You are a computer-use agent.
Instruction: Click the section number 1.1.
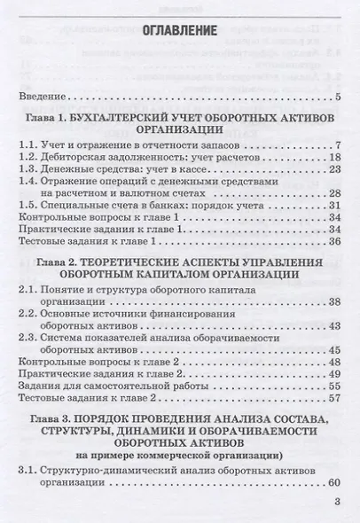pyautogui.click(x=29, y=146)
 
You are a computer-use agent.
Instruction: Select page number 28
pyautogui.click(x=335, y=193)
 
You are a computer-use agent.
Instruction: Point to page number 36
pyautogui.click(x=335, y=240)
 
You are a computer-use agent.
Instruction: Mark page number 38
pyautogui.click(x=335, y=302)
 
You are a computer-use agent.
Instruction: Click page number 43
pyautogui.click(x=335, y=326)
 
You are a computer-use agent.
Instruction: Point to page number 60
pyautogui.click(x=335, y=485)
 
